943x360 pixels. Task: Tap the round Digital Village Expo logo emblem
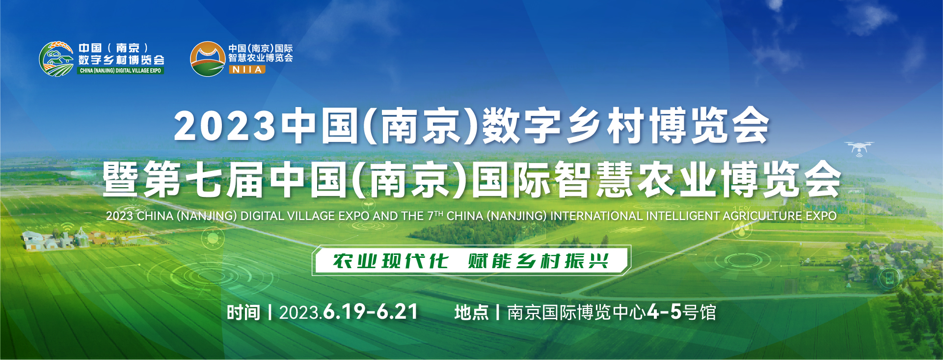click(56, 58)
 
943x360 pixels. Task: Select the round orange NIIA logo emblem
click(208, 58)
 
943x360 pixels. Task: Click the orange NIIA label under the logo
click(247, 70)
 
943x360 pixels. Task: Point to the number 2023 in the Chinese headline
click(225, 126)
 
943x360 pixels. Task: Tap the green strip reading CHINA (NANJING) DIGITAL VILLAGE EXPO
click(120, 71)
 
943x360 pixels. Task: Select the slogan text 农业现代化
click(390, 261)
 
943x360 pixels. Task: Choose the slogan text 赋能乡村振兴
click(539, 261)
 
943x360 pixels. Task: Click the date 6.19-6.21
click(371, 312)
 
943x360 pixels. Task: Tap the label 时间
click(243, 312)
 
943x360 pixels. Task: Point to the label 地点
click(471, 312)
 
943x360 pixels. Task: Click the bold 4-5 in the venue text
click(664, 312)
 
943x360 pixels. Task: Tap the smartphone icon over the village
click(889, 279)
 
